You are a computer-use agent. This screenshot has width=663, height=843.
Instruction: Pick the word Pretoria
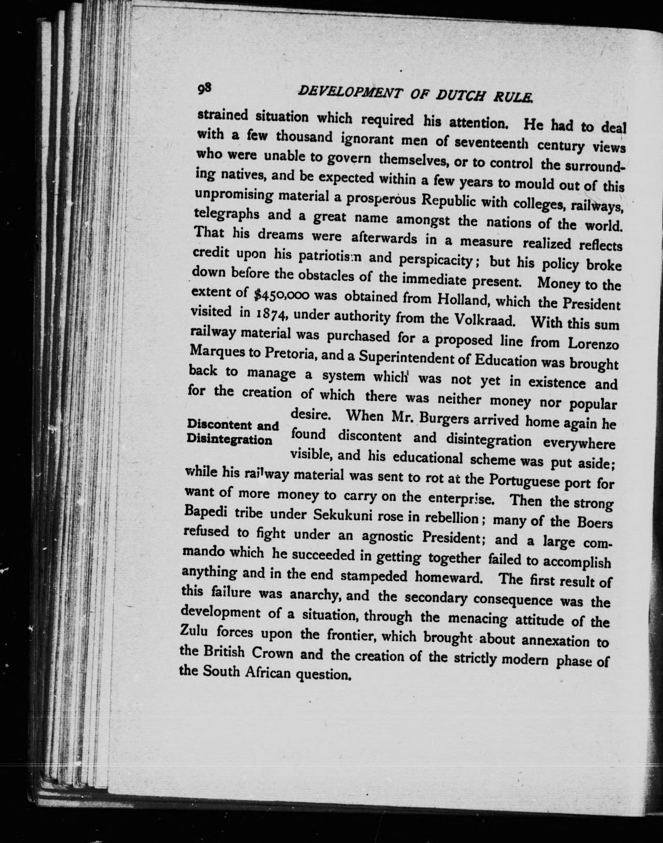point(291,353)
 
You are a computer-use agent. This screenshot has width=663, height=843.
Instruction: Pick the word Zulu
point(195,631)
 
